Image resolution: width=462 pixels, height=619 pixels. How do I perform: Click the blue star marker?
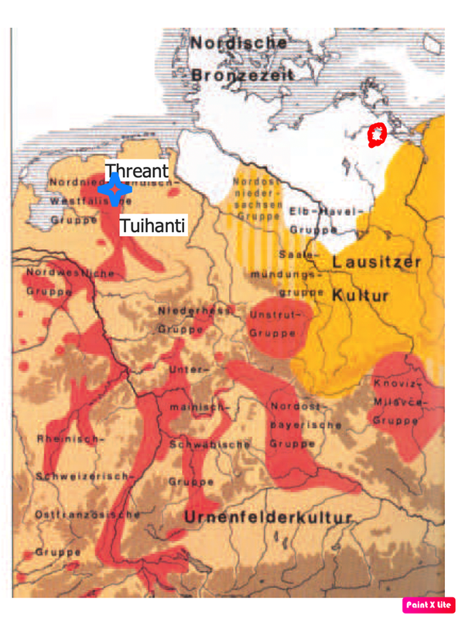(x=115, y=189)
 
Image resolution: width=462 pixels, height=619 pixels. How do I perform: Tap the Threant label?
(x=136, y=170)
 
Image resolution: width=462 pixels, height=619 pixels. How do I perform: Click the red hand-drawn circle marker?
(x=376, y=135)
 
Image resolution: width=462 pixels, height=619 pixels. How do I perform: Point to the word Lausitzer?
(x=376, y=263)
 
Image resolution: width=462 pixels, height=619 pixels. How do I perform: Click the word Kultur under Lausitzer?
(x=361, y=296)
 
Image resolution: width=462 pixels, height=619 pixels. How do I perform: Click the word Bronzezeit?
(x=242, y=75)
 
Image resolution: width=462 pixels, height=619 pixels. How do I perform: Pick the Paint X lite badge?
(x=429, y=605)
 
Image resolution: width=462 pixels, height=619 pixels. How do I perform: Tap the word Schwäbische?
(x=209, y=444)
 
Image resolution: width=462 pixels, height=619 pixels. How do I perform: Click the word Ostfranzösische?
(x=87, y=514)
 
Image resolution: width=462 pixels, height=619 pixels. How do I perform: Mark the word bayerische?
(x=296, y=425)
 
